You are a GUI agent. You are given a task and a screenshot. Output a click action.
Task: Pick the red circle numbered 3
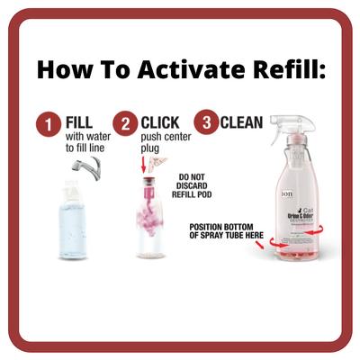(206, 123)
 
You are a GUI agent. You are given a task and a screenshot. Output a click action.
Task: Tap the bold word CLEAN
(243, 121)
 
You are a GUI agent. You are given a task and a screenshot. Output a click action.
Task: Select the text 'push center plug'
(158, 143)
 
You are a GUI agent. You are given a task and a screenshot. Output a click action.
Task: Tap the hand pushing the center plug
(160, 162)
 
